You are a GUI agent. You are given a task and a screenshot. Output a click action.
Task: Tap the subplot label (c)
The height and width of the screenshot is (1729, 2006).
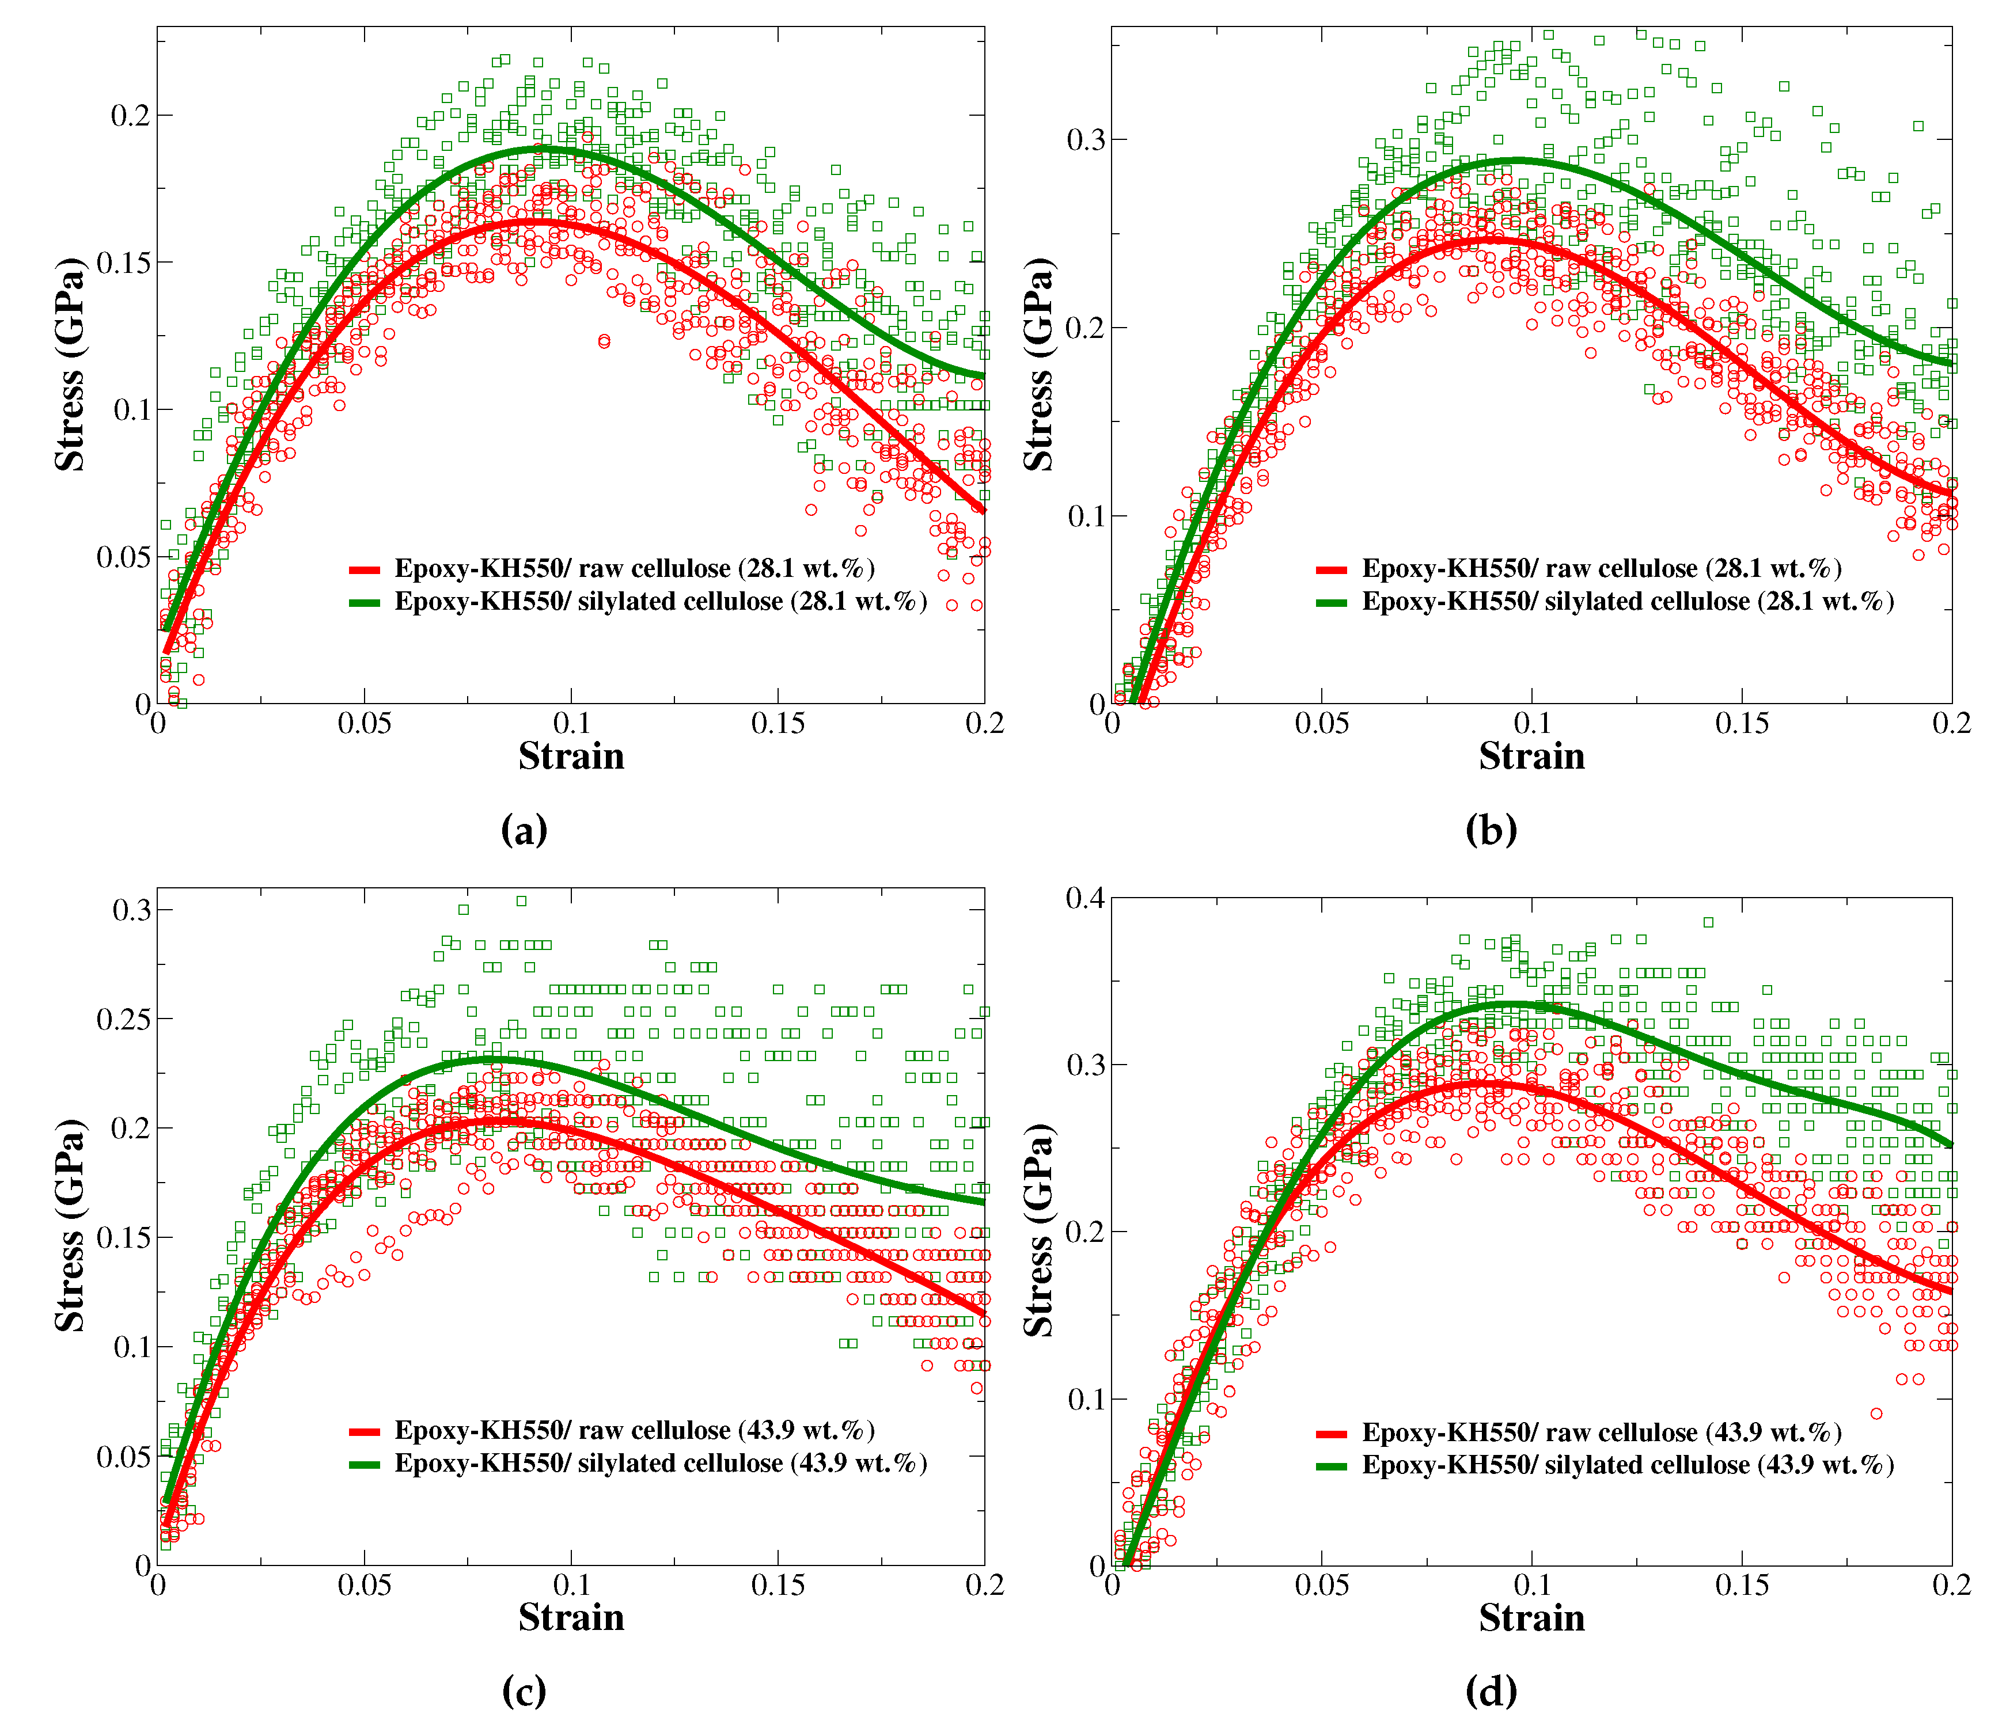tap(524, 1690)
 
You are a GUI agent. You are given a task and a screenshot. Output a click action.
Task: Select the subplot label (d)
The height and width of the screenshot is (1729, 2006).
tap(1491, 1690)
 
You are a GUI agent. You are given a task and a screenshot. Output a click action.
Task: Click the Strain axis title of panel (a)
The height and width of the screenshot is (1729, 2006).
tap(571, 756)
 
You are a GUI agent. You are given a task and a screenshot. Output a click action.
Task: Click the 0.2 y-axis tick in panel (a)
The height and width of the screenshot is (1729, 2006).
tap(130, 115)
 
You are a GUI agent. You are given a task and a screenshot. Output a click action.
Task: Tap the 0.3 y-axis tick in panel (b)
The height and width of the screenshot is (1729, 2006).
tap(1084, 139)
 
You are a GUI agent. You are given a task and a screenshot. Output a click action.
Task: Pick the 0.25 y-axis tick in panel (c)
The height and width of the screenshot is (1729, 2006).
tap(123, 1019)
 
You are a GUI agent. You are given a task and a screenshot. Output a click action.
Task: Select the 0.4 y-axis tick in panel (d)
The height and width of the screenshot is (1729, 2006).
tap(1084, 898)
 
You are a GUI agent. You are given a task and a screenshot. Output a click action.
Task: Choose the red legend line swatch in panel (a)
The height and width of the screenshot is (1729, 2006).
tap(365, 569)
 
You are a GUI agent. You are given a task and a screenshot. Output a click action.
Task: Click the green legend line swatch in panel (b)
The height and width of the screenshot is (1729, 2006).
tap(1332, 602)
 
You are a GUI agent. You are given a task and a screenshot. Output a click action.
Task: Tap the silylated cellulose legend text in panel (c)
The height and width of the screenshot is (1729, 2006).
tap(660, 1463)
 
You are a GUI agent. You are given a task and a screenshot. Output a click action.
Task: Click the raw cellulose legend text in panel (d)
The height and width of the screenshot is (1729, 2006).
tap(1601, 1432)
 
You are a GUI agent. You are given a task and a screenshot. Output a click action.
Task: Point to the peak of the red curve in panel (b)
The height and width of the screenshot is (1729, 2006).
tap(1481, 238)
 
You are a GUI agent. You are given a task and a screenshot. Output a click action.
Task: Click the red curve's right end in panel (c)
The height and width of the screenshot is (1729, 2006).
tap(983, 1314)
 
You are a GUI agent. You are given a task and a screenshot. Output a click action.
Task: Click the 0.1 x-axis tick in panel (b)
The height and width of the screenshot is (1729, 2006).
tap(1531, 723)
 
